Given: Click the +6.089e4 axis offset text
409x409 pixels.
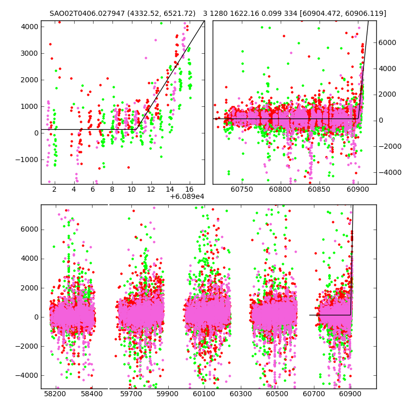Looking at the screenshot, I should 187,196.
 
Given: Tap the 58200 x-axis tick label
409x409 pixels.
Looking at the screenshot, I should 55,394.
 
